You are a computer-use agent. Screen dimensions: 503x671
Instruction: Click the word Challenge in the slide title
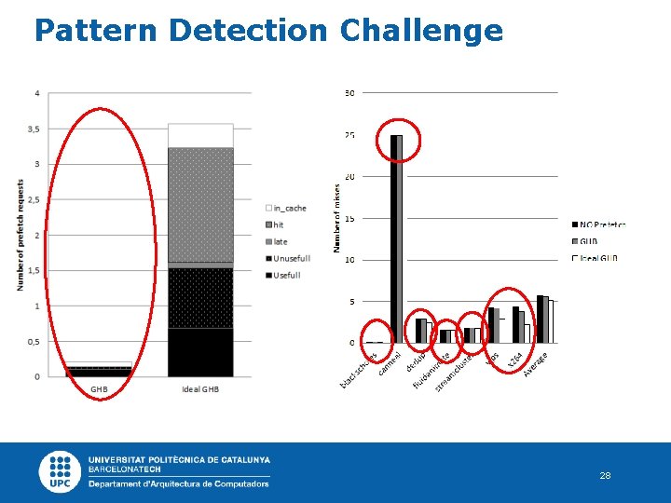[x=421, y=31]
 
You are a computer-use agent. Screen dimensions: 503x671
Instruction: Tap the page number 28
[x=605, y=475]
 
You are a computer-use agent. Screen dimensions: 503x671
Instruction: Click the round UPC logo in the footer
[x=61, y=471]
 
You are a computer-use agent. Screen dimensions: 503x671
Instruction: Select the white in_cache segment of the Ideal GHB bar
[x=200, y=135]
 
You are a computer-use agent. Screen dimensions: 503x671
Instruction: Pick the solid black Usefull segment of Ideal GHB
[x=200, y=352]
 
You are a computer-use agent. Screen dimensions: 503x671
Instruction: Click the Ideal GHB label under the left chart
[x=200, y=388]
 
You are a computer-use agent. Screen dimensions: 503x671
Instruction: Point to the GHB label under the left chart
[x=99, y=388]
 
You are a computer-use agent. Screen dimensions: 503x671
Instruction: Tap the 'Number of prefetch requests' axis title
[x=20, y=235]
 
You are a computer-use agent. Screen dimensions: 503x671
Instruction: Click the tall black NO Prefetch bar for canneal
[x=394, y=238]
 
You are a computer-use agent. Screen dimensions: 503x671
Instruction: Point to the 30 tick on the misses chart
[x=349, y=93]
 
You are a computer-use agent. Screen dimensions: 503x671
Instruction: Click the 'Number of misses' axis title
[x=336, y=217]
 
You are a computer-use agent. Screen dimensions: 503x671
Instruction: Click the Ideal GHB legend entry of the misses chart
[x=596, y=258]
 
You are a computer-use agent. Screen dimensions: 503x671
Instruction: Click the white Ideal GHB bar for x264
[x=527, y=333]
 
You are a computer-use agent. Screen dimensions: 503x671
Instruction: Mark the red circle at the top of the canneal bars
[x=398, y=141]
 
